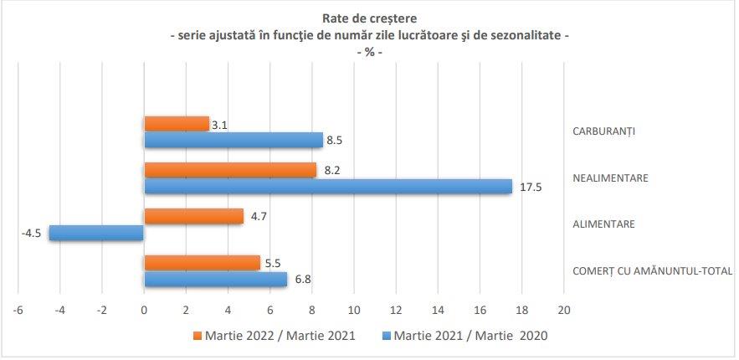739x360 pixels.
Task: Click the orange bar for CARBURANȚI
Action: [177, 124]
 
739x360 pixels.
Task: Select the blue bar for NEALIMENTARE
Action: [328, 186]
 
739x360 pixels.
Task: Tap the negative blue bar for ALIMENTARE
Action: [96, 233]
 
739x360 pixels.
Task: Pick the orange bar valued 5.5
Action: [202, 263]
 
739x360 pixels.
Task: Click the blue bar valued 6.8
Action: [215, 279]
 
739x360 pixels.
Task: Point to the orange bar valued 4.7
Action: [193, 217]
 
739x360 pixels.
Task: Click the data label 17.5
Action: [531, 187]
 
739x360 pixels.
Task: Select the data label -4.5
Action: [32, 233]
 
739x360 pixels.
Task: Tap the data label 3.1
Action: [220, 125]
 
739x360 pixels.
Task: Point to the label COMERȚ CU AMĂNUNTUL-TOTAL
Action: [652, 270]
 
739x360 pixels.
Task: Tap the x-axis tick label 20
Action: [563, 311]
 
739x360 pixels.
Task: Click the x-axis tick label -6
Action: [17, 311]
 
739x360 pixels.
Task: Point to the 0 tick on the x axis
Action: [144, 311]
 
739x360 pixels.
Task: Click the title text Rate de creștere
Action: [368, 18]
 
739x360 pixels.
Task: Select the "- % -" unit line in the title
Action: [368, 53]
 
